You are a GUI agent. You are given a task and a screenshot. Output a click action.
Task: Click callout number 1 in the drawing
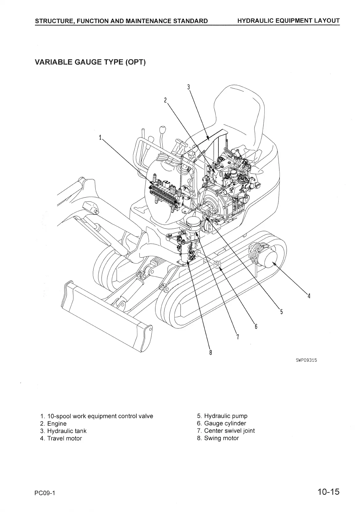100,138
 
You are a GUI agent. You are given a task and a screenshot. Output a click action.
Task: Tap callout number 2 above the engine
165,100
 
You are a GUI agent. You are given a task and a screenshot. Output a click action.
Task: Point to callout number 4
309,296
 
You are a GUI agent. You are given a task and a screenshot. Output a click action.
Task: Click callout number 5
281,311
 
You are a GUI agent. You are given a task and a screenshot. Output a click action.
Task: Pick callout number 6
256,326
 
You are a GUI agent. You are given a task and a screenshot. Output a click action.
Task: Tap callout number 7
237,336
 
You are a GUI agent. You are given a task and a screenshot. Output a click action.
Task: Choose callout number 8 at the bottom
210,352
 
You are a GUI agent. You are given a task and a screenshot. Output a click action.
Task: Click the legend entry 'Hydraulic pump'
226,416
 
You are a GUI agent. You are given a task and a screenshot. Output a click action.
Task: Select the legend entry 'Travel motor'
64,438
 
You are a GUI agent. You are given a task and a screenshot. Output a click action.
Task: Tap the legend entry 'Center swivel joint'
229,431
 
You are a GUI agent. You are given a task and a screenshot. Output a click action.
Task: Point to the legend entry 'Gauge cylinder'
225,423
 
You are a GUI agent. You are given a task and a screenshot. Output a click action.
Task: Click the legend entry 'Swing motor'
221,438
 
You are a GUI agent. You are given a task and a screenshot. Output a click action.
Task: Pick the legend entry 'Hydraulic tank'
67,431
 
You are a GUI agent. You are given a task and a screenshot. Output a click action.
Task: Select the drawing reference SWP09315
306,360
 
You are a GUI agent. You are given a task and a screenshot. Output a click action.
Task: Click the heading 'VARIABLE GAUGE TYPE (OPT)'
90,62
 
